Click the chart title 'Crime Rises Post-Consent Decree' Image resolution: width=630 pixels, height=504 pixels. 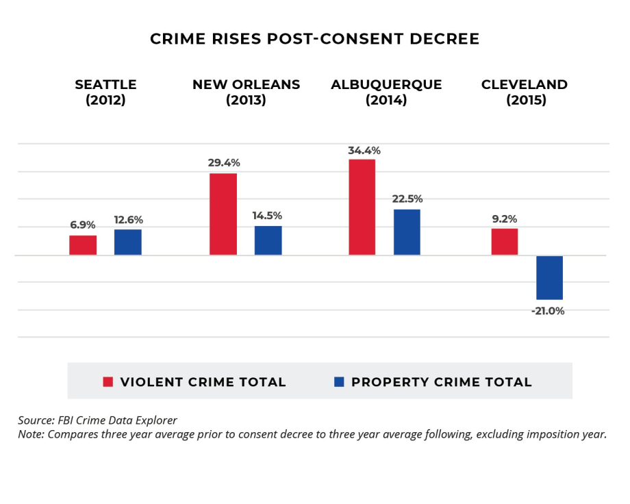314,39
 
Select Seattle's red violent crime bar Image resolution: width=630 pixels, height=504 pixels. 83,245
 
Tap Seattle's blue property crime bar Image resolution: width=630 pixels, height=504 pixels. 127,242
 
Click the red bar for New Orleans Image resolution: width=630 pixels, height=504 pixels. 223,214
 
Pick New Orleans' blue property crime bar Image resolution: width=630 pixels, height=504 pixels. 268,240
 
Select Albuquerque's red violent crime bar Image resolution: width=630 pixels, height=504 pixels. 362,207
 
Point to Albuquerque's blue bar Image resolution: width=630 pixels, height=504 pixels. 407,232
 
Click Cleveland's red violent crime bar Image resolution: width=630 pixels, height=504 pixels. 504,242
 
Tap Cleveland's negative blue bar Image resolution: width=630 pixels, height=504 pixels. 549,277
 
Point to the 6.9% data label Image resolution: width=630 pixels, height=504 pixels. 83,225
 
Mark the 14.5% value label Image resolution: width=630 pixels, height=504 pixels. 268,216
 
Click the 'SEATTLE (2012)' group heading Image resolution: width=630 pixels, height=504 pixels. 105,92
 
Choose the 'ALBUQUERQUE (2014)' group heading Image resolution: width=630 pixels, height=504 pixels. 386,92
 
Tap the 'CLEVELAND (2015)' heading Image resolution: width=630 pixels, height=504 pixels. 525,92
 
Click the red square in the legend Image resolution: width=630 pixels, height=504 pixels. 108,382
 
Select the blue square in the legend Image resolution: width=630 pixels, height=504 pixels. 339,382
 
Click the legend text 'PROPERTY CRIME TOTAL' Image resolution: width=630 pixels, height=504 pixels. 442,382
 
